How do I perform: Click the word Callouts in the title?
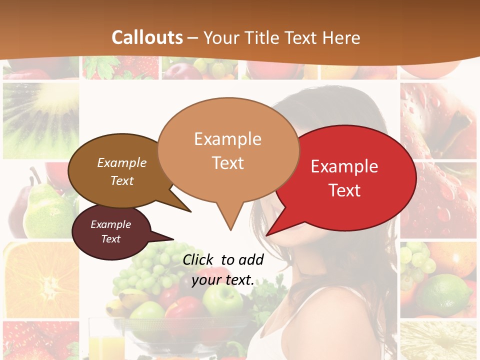tap(147, 37)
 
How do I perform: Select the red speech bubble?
tap(350, 177)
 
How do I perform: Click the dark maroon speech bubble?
tap(111, 232)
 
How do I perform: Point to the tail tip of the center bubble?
tap(230, 229)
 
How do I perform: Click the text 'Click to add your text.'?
tap(223, 270)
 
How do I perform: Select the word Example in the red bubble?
tap(344, 166)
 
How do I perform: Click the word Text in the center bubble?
tap(228, 163)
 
